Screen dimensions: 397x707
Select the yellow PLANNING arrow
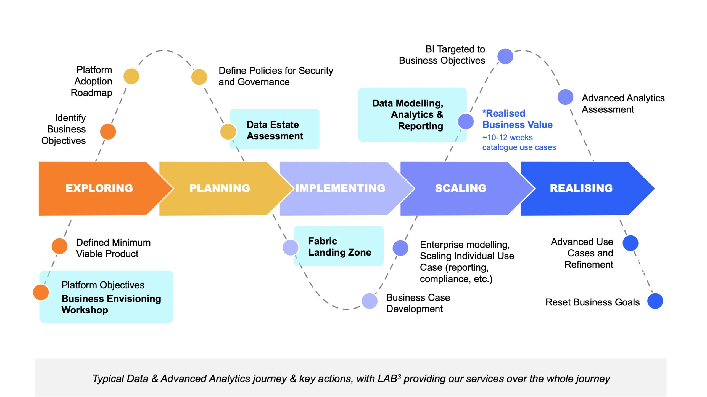tap(220, 188)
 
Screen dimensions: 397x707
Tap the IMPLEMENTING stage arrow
tap(340, 188)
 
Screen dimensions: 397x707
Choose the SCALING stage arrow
tap(461, 188)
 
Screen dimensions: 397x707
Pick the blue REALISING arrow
tap(581, 188)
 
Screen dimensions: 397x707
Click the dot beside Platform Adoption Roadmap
tap(131, 76)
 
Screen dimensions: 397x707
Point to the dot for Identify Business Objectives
tap(108, 132)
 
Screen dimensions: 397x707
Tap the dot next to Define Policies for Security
tap(199, 77)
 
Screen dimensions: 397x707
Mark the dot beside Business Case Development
tap(370, 301)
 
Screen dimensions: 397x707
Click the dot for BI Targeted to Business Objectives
tap(505, 56)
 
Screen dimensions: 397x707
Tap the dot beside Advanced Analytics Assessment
tap(565, 97)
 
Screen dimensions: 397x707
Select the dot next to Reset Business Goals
tap(655, 301)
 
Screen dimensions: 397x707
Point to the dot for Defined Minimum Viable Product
tap(59, 246)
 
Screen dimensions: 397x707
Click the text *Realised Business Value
tap(517, 119)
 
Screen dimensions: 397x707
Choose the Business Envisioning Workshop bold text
tap(111, 304)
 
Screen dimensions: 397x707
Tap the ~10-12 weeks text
tap(507, 137)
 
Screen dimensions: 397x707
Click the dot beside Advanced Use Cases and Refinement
tap(631, 243)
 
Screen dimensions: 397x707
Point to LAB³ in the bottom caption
tap(389, 379)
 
